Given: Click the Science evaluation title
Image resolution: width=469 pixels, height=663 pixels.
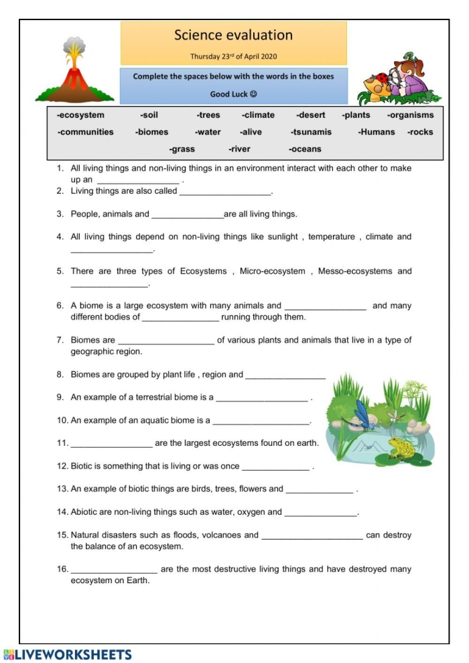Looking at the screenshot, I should (x=233, y=35).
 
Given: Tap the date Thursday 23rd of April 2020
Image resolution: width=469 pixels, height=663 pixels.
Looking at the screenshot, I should (x=233, y=56).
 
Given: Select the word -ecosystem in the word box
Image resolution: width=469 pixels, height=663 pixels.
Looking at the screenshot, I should (x=80, y=115).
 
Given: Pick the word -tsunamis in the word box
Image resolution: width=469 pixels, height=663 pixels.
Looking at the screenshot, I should (x=311, y=132).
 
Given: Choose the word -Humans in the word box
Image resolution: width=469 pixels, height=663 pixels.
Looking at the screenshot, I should (x=376, y=132).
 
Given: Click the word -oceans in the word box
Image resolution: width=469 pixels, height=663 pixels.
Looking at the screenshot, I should (x=305, y=149).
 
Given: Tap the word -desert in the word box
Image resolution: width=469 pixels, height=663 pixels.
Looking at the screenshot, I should (x=310, y=115).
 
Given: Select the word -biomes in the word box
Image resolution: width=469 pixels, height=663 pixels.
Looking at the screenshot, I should (x=151, y=132).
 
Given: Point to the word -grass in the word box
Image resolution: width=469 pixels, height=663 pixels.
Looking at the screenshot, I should (x=182, y=149).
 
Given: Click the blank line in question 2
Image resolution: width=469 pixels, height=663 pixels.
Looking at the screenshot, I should (x=225, y=193).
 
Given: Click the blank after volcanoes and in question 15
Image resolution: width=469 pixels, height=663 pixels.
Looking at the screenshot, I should (x=312, y=537).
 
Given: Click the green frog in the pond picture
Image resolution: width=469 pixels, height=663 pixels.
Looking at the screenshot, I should (x=402, y=448).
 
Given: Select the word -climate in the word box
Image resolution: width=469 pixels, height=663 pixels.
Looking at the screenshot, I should (x=258, y=115).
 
